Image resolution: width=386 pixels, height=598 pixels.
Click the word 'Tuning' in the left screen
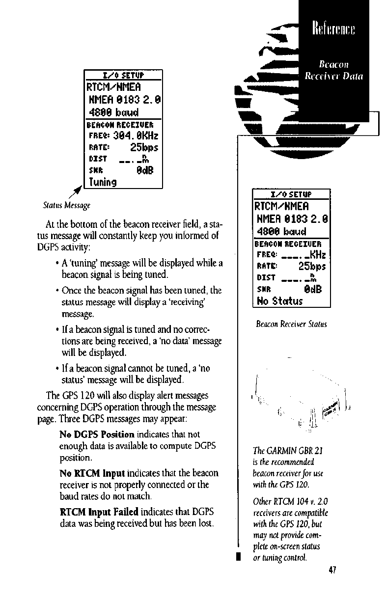click(102, 182)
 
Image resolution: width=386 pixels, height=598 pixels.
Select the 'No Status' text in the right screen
click(280, 300)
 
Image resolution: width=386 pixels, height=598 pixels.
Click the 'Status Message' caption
click(67, 204)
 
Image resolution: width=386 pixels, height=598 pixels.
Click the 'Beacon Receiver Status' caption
click(291, 324)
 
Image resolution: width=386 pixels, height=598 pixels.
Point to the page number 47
click(332, 570)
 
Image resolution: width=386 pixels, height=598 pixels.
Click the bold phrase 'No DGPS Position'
click(97, 435)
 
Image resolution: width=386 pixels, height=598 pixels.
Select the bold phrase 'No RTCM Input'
click(92, 473)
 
